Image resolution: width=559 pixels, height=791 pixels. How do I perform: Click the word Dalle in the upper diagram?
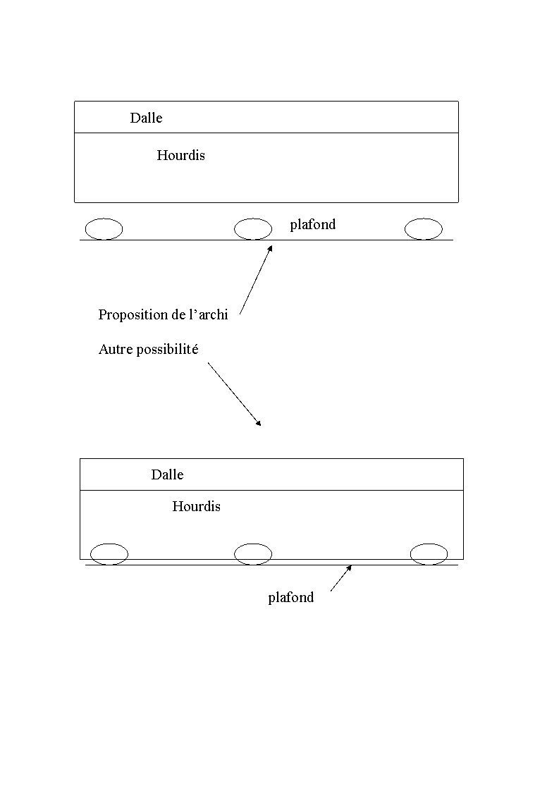click(x=146, y=118)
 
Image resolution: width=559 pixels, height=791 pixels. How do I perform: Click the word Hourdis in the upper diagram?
click(x=180, y=155)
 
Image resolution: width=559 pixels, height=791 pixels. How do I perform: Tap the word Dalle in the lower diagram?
click(x=167, y=474)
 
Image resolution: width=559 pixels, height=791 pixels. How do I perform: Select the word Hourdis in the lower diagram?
click(x=196, y=506)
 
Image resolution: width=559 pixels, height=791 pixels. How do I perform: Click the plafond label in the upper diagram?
click(x=313, y=224)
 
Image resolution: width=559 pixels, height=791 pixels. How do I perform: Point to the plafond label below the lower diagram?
click(x=291, y=598)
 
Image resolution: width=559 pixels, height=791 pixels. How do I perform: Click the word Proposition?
click(x=133, y=315)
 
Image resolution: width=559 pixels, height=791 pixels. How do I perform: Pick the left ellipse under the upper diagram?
click(x=104, y=229)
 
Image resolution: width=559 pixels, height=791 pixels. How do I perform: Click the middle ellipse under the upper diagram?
click(x=253, y=229)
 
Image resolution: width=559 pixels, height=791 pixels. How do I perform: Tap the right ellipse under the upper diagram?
click(x=424, y=229)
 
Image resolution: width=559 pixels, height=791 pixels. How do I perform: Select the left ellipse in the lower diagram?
click(x=109, y=554)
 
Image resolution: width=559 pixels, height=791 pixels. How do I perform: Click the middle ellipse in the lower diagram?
click(x=253, y=554)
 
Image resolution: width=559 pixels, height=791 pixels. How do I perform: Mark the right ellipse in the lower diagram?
click(x=429, y=554)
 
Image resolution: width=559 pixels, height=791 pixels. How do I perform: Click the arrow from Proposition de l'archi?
click(x=257, y=279)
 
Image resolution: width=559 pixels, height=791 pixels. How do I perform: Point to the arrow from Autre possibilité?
click(x=235, y=394)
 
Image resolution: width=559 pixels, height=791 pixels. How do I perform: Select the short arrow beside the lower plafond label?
click(x=341, y=578)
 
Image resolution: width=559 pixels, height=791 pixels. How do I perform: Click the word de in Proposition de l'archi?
click(x=178, y=315)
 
